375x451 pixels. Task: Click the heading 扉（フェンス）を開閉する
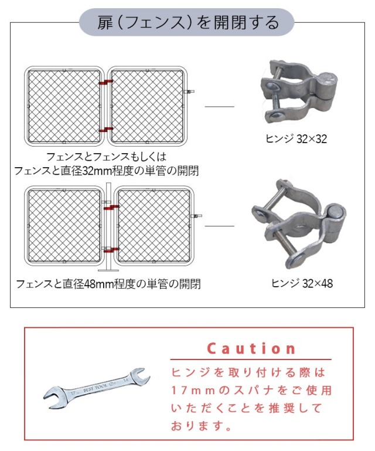coord(188,22)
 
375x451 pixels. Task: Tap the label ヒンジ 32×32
coord(296,139)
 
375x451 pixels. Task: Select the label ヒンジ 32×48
coord(302,283)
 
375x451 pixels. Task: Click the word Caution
coord(251,348)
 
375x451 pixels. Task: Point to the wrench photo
coord(97,388)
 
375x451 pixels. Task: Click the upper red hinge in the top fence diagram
coord(105,83)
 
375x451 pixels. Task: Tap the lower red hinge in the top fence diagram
coord(105,130)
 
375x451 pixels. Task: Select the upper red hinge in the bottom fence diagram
coord(111,208)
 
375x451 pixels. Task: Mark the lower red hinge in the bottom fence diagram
coord(111,250)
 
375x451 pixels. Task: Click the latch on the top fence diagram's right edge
coord(189,91)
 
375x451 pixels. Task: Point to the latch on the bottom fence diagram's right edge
coord(196,216)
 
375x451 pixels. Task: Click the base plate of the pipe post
coord(108,270)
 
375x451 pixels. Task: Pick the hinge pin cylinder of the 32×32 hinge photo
coord(328,86)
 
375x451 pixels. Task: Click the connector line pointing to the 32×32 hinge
coord(220,106)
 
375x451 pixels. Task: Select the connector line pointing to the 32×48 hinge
coord(220,226)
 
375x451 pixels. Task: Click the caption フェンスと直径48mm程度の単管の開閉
coord(108,284)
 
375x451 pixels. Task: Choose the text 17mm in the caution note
coord(193,391)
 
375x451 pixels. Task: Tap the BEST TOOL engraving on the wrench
coord(95,388)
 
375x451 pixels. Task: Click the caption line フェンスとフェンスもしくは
coord(106,157)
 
